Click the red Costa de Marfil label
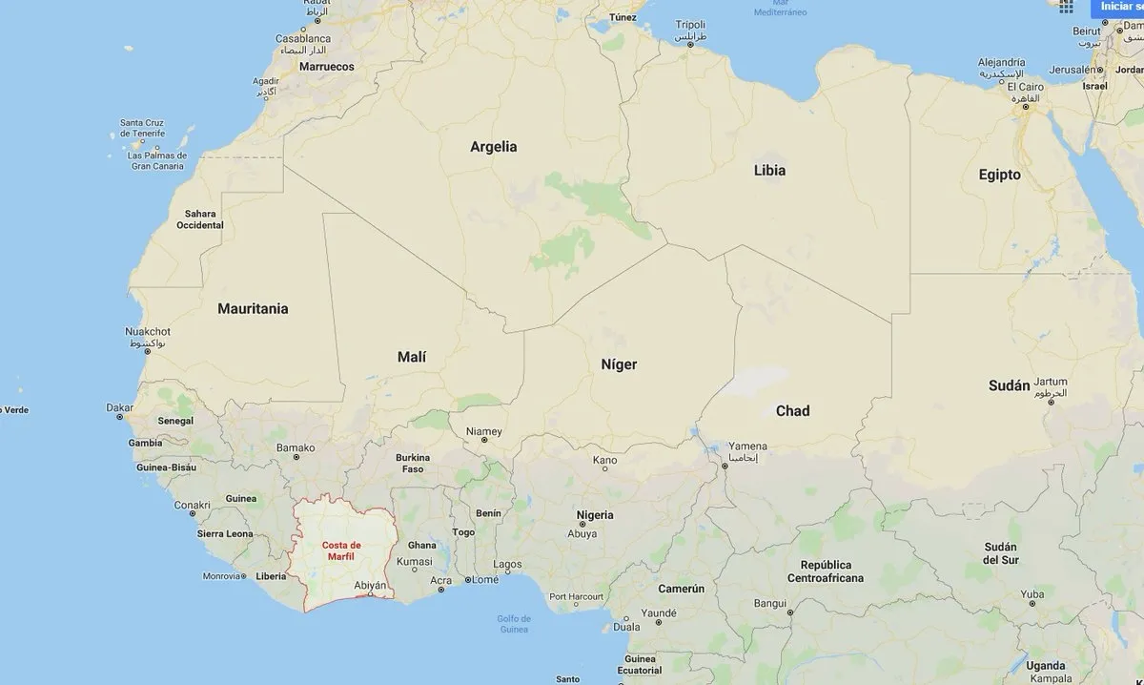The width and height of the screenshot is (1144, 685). coord(340,550)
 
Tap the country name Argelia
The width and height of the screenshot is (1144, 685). coord(494,147)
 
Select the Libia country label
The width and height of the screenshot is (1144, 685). coord(769,171)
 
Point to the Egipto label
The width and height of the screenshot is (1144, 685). coord(999,175)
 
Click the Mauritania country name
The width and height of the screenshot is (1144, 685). coord(253,308)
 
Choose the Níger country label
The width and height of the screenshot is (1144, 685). coord(619,363)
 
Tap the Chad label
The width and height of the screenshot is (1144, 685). coord(792,410)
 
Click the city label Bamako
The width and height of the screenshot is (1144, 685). coord(296,447)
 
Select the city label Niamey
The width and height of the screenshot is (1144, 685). coord(483,431)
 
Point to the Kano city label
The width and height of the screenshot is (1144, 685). coord(604,460)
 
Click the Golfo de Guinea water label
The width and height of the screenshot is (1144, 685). coord(513,623)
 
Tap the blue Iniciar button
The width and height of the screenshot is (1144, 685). coord(1116,8)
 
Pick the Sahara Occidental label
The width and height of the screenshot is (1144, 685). coord(200,219)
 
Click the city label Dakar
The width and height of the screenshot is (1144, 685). coord(119,407)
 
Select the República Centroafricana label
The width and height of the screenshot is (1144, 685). coord(826,571)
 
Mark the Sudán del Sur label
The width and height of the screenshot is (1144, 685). coord(1001,553)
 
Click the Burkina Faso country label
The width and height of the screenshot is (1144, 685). coord(413,463)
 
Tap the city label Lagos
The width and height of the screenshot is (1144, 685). coord(507,565)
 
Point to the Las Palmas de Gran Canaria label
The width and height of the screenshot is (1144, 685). coord(157,160)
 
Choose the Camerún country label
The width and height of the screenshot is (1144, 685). coord(681,589)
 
